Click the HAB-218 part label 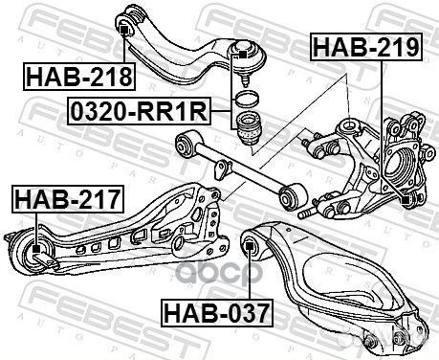click(79, 77)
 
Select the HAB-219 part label click(366, 47)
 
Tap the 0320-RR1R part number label click(139, 111)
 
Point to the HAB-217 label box click(68, 199)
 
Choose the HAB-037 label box click(217, 313)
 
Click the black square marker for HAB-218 click(124, 30)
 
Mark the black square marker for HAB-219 click(406, 200)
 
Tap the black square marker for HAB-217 click(36, 248)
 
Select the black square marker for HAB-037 click(249, 246)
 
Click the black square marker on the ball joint click(242, 55)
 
